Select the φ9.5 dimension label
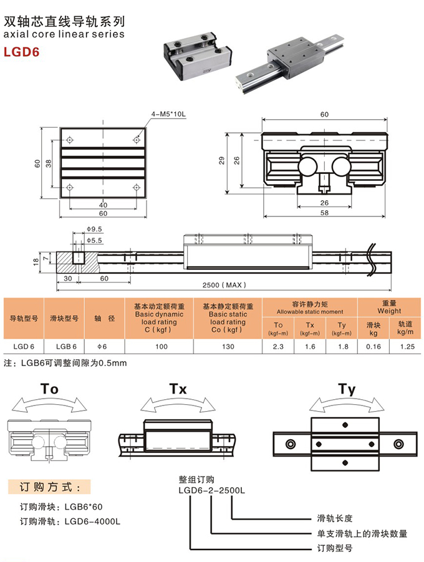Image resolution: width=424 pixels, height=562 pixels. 95,230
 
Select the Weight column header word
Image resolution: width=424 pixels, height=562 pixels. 390,311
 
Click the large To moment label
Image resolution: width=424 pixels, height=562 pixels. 49,389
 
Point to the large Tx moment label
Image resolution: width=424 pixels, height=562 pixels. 178,389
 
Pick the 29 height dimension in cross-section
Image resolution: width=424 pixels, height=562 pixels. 231,160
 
